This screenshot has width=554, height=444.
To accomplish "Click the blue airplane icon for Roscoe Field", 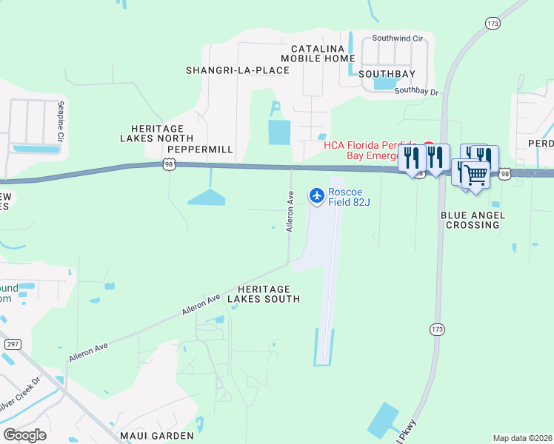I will click(x=317, y=195).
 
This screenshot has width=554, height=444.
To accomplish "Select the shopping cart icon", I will click(x=477, y=176).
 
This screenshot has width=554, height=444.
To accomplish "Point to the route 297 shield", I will click(x=13, y=344).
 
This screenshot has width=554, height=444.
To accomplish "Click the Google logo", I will click(x=24, y=435).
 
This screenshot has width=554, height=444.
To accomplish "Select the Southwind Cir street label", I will click(x=397, y=37).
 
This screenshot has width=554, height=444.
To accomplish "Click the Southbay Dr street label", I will click(x=416, y=92).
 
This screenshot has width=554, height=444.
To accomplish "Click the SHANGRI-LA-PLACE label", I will click(x=237, y=70).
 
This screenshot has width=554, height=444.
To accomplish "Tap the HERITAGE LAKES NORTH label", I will click(x=156, y=133).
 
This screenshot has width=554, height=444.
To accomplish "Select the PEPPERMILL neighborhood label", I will click(x=200, y=149).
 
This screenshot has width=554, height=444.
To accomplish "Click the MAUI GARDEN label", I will click(x=159, y=436).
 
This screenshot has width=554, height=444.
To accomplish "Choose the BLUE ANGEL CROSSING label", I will click(x=472, y=220).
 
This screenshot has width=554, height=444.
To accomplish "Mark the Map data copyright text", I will click(x=523, y=438).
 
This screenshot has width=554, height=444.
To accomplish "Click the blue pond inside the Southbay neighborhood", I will click(x=385, y=84).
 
